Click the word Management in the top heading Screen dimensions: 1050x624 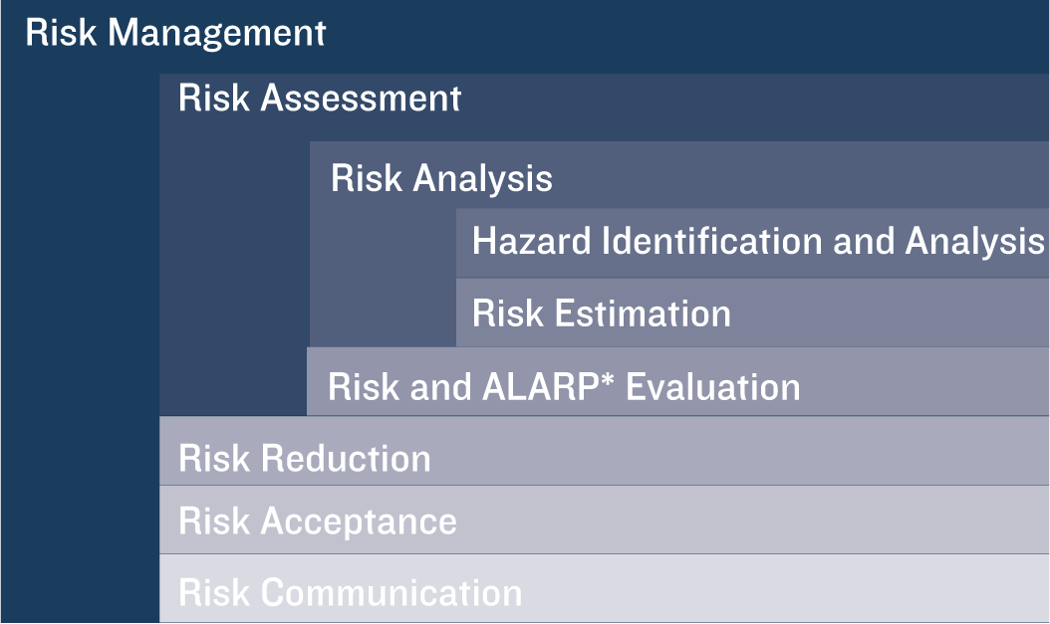point(216,34)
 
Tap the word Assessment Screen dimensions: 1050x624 point(361,98)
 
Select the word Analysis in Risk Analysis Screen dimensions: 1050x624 point(483,179)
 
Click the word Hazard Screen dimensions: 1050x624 point(531,241)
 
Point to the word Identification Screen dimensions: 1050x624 point(712,241)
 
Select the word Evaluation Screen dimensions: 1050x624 point(712,386)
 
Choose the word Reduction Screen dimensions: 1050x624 point(346,458)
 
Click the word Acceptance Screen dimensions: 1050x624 point(359,521)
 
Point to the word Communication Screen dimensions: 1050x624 point(392,592)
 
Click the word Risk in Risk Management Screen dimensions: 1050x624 point(61,33)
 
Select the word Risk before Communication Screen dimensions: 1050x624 point(214,592)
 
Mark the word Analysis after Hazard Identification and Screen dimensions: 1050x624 point(974,241)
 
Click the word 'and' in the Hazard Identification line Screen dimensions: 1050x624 point(863,241)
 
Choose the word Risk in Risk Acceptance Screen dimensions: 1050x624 point(214,521)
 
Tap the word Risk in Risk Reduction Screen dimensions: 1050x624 point(214,458)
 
